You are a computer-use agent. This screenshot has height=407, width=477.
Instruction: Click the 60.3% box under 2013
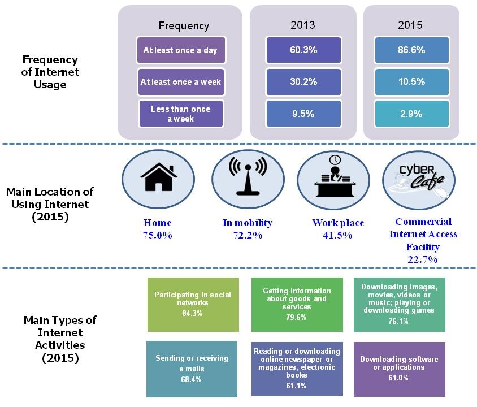pyautogui.click(x=303, y=50)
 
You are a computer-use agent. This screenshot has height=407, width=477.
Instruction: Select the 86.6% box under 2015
pyautogui.click(x=411, y=50)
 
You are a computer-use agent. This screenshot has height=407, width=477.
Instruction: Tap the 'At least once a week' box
pyautogui.click(x=180, y=82)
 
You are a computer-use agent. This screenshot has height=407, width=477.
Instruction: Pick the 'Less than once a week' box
pyautogui.click(x=180, y=114)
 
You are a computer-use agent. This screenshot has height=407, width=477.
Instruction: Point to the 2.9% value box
pyautogui.click(x=411, y=114)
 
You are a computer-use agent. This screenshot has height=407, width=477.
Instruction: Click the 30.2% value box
pyautogui.click(x=303, y=82)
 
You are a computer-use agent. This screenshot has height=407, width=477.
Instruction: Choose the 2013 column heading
pyautogui.click(x=303, y=25)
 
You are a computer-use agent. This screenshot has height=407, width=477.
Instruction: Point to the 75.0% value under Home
pyautogui.click(x=158, y=235)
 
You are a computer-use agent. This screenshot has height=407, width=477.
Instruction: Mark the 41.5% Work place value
pyautogui.click(x=338, y=235)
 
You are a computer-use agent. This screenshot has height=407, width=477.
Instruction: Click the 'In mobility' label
pyautogui.click(x=248, y=223)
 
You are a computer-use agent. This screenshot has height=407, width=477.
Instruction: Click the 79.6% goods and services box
pyautogui.click(x=297, y=304)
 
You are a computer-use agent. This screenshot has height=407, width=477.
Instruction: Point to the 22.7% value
pyautogui.click(x=423, y=259)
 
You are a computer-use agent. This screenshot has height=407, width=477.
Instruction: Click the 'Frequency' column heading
pyautogui.click(x=184, y=25)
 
